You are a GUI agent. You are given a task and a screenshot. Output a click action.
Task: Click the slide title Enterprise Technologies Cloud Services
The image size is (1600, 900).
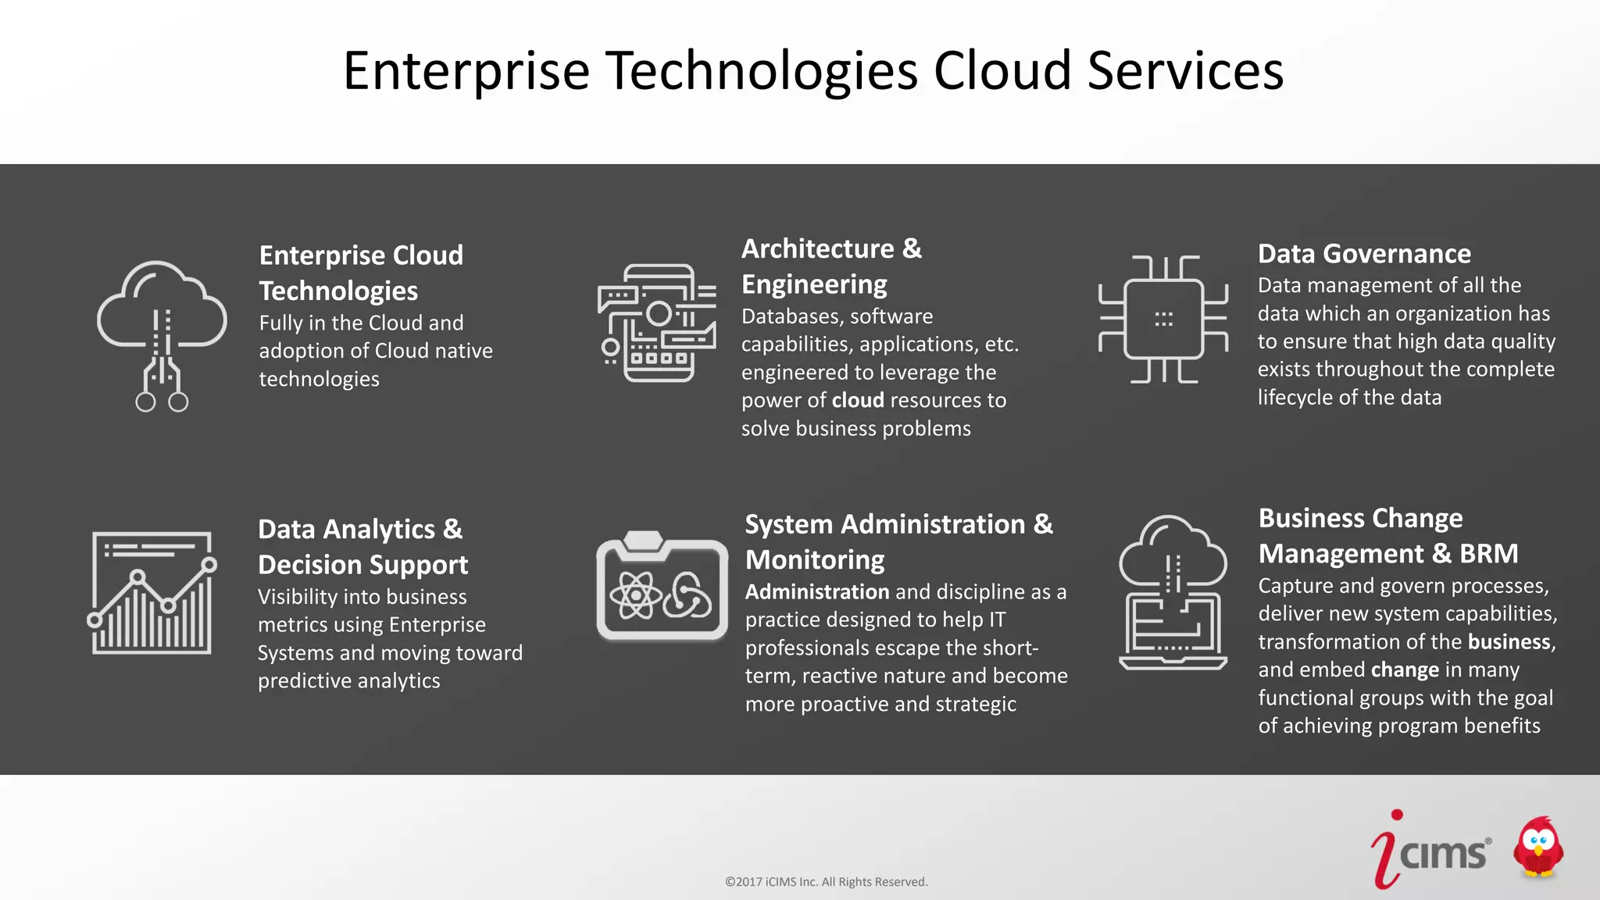pyautogui.click(x=812, y=71)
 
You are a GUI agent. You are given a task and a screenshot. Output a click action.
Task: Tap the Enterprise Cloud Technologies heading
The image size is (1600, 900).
pyautogui.click(x=361, y=273)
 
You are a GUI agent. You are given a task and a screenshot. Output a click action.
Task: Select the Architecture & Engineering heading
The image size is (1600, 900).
pyautogui.click(x=831, y=266)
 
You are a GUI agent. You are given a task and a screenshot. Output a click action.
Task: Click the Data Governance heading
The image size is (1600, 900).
pyautogui.click(x=1364, y=254)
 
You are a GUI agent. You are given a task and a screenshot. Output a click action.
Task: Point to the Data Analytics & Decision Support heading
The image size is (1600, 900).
pyautogui.click(x=362, y=547)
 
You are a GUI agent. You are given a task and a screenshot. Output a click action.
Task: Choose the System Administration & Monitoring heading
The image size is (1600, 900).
pyautogui.click(x=898, y=541)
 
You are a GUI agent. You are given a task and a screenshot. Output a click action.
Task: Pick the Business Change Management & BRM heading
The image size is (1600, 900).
pyautogui.click(x=1388, y=536)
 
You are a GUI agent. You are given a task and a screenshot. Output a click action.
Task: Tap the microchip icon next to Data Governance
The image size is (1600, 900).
pyautogui.click(x=1163, y=319)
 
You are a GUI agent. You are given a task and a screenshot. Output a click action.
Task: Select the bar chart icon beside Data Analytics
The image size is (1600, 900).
pyautogui.click(x=152, y=593)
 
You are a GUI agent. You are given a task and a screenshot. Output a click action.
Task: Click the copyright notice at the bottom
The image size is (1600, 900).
pyautogui.click(x=826, y=882)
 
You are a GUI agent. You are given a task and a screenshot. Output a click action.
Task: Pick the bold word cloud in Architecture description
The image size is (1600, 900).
pyautogui.click(x=858, y=401)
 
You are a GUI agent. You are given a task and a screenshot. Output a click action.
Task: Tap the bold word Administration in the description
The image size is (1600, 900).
pyautogui.click(x=817, y=592)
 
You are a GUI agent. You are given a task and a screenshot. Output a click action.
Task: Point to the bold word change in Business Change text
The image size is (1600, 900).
pyautogui.click(x=1405, y=670)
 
